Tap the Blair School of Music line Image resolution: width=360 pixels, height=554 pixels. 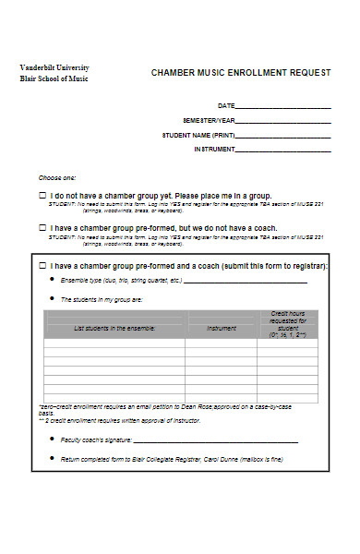pyautogui.click(x=56, y=78)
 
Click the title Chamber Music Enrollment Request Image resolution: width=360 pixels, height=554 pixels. pyautogui.click(x=239, y=74)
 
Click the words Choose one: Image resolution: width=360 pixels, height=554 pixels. pyautogui.click(x=57, y=176)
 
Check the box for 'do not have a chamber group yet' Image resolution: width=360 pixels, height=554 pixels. pyautogui.click(x=42, y=196)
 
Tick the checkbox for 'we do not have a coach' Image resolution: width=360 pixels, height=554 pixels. pyautogui.click(x=42, y=227)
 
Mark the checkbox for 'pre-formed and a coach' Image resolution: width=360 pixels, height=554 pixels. pyautogui.click(x=42, y=265)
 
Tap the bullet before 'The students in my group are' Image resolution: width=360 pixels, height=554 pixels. pyautogui.click(x=50, y=300)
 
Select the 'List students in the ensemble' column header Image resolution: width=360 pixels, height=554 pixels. pyautogui.click(x=114, y=329)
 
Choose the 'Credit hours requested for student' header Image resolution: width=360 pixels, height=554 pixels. pyautogui.click(x=287, y=324)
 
